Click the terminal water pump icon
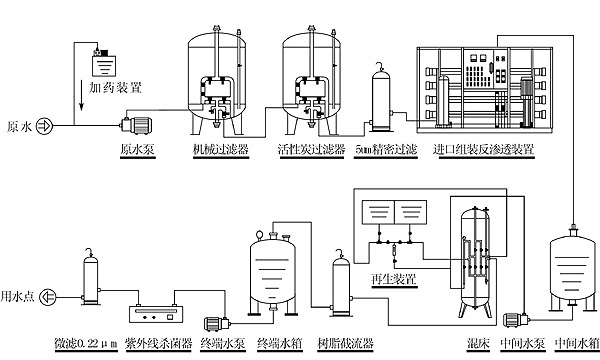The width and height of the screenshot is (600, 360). pyautogui.click(x=218, y=324)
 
